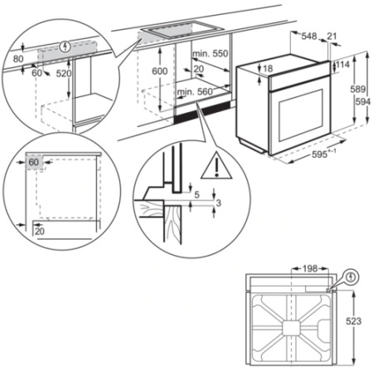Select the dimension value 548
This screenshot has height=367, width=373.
pyautogui.click(x=309, y=36)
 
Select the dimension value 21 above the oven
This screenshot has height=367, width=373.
pyautogui.click(x=332, y=36)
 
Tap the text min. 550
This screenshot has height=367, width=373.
pyautogui.click(x=211, y=53)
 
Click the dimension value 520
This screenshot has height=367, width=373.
pyautogui.click(x=62, y=74)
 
